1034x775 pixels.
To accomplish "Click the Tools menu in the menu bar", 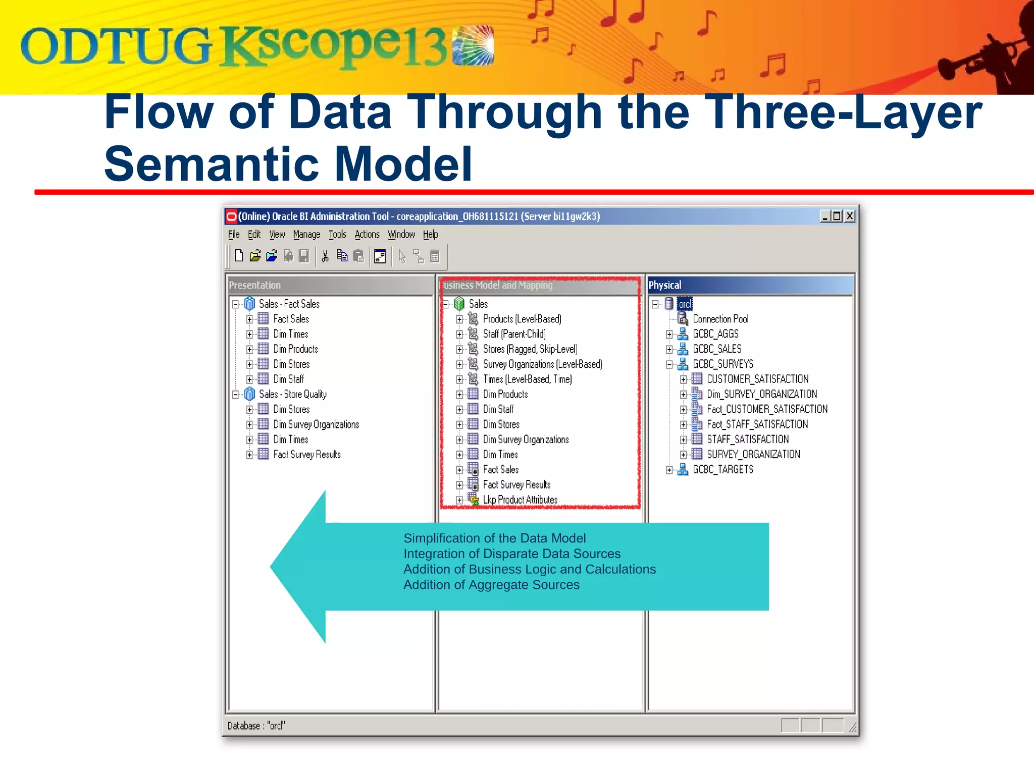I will pyautogui.click(x=337, y=235).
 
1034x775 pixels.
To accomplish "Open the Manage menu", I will pyautogui.click(x=306, y=235).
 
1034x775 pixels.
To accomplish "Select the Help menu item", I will pyautogui.click(x=430, y=235).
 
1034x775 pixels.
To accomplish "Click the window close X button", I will pyautogui.click(x=850, y=216).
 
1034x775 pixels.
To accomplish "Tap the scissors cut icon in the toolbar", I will pyautogui.click(x=325, y=257).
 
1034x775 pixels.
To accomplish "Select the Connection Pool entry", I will pyautogui.click(x=720, y=319).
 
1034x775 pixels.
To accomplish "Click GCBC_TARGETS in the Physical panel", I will pyautogui.click(x=722, y=470).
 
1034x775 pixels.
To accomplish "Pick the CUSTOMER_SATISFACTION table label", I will pyautogui.click(x=757, y=379).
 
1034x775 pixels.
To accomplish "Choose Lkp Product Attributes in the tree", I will pyautogui.click(x=520, y=500).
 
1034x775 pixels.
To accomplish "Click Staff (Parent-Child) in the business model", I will pyautogui.click(x=514, y=334).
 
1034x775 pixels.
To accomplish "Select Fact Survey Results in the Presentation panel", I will pyautogui.click(x=306, y=455).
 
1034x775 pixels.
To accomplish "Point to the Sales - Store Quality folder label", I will pyautogui.click(x=292, y=394).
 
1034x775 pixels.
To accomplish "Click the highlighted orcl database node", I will pyautogui.click(x=684, y=304).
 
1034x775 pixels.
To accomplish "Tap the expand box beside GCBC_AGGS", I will pyautogui.click(x=669, y=334).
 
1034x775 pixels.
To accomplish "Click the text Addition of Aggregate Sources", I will pyautogui.click(x=491, y=585).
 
